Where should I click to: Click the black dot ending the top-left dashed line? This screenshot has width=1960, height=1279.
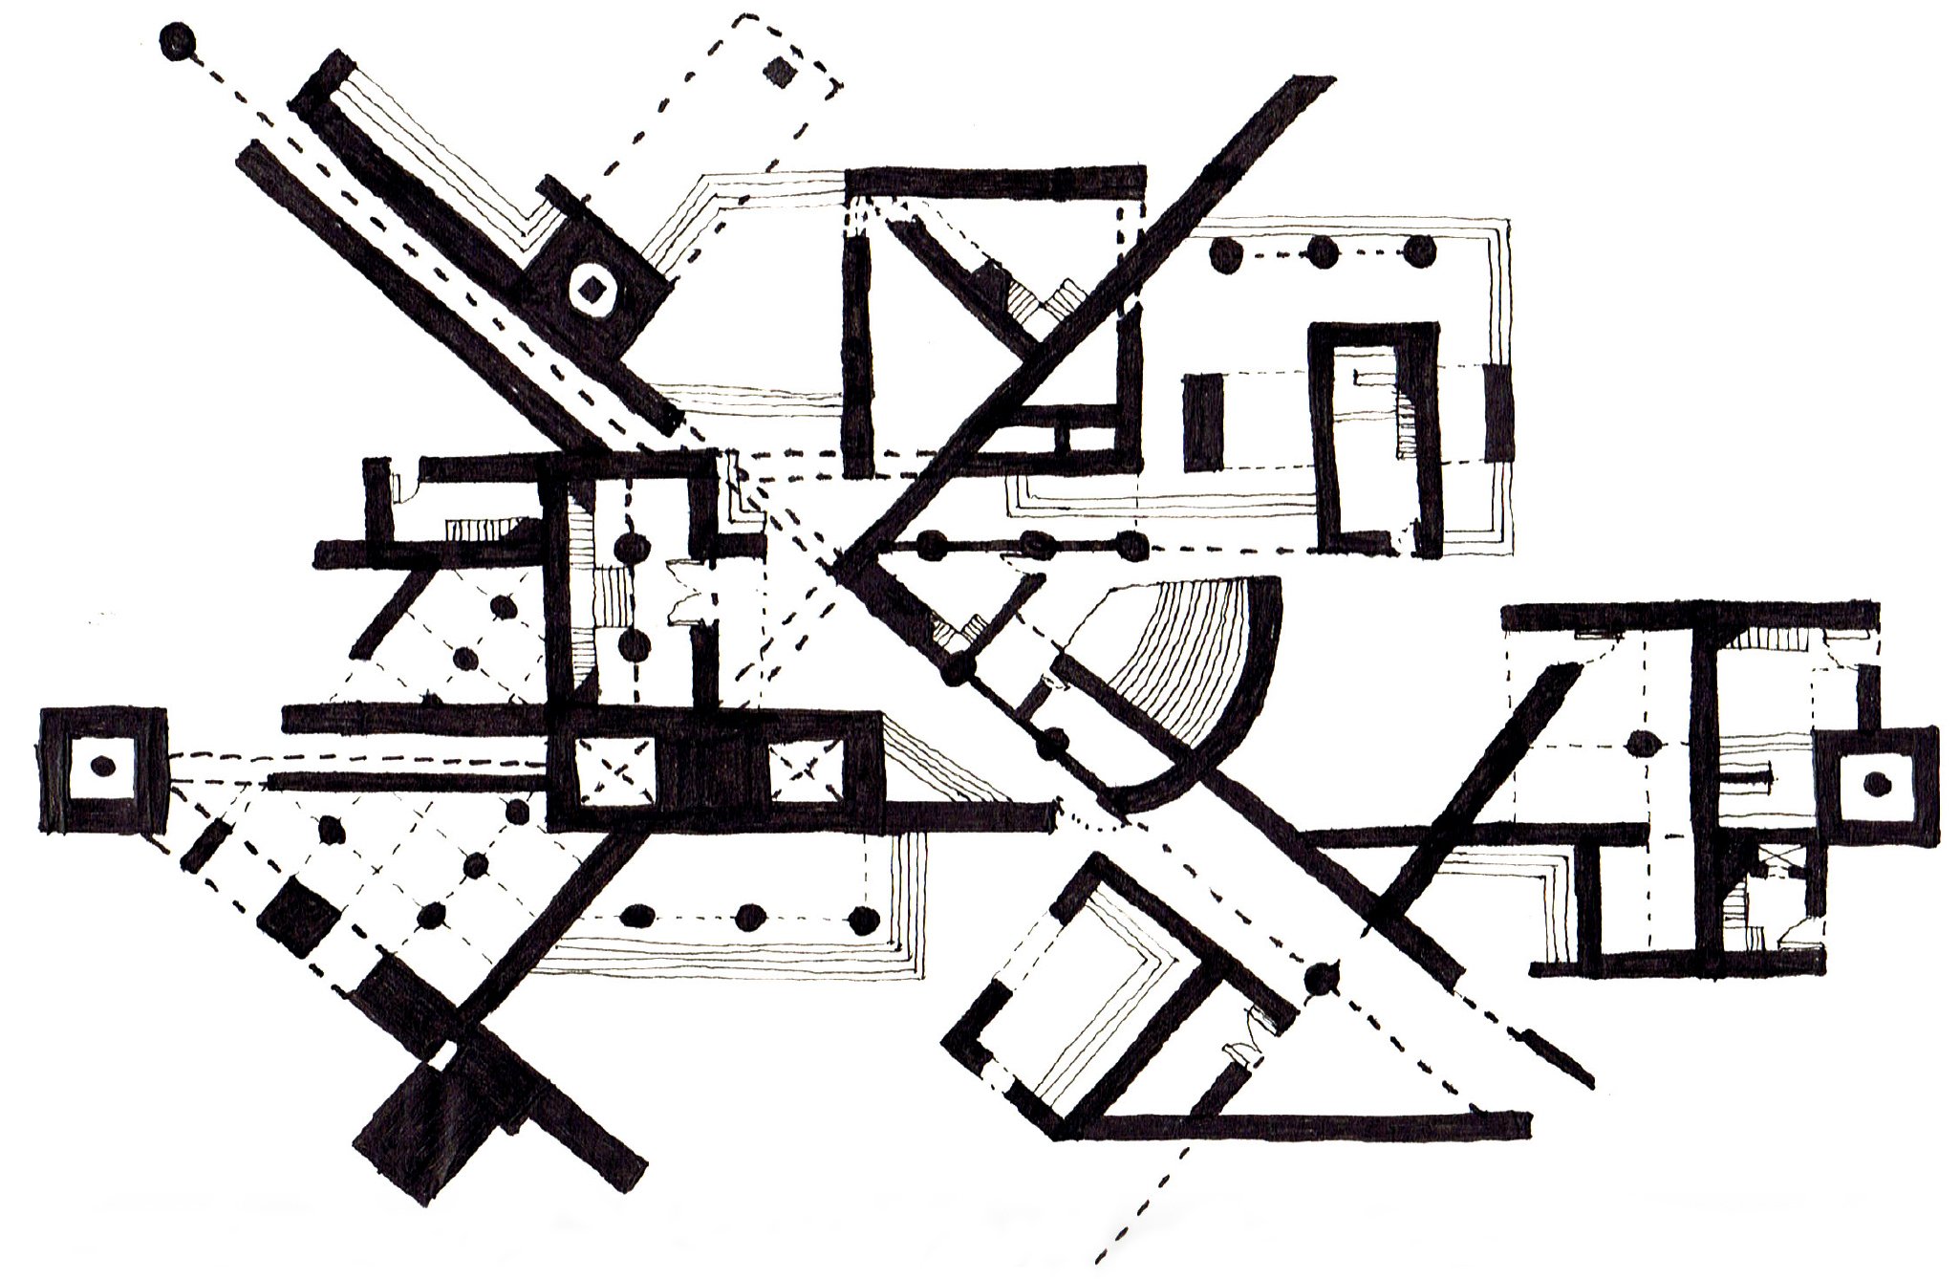coord(178,41)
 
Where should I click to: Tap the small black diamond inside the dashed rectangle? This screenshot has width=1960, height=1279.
coord(783,72)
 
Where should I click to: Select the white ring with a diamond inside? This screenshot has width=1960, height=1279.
coord(593,285)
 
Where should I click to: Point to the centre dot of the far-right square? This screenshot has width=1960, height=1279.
coord(1877,783)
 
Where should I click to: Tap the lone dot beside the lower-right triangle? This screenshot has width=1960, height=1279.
coord(1323,977)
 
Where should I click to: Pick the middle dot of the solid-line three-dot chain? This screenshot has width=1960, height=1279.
coord(1033,545)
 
